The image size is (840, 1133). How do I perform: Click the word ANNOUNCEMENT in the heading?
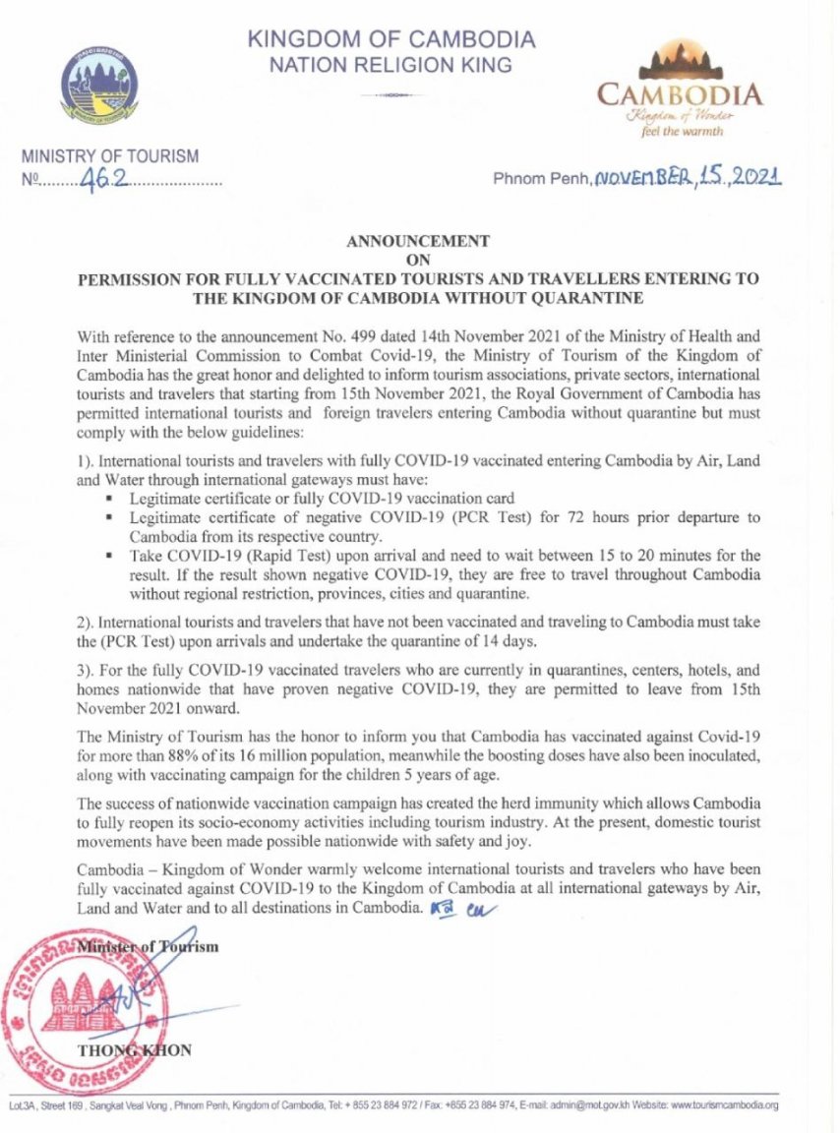[x=420, y=241]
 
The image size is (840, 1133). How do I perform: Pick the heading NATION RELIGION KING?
[x=391, y=66]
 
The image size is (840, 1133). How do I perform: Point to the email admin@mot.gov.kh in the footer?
[x=581, y=1105]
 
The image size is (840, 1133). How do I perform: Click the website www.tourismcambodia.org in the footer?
[x=725, y=1105]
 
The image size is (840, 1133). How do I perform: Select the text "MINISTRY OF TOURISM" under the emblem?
[x=110, y=155]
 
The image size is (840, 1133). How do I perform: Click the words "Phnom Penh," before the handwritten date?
[x=539, y=180]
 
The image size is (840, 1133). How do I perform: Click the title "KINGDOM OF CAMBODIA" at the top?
[x=391, y=40]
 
